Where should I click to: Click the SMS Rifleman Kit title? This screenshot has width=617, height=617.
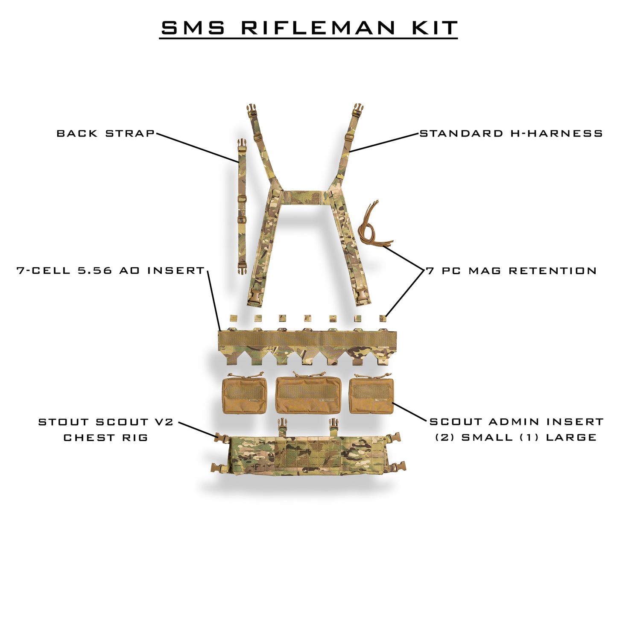(309, 28)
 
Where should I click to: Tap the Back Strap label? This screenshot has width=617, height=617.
(106, 134)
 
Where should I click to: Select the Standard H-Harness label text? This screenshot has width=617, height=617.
(511, 134)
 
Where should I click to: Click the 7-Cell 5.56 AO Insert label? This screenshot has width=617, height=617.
(111, 271)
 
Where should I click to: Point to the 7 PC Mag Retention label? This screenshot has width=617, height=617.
(512, 271)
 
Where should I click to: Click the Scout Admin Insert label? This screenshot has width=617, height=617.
(516, 422)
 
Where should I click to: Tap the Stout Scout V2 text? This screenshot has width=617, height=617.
(106, 422)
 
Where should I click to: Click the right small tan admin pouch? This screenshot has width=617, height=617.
(371, 395)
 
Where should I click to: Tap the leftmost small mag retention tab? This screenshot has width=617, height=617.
(233, 318)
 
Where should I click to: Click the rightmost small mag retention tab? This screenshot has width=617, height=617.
(383, 318)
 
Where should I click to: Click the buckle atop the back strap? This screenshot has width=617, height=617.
(242, 146)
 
